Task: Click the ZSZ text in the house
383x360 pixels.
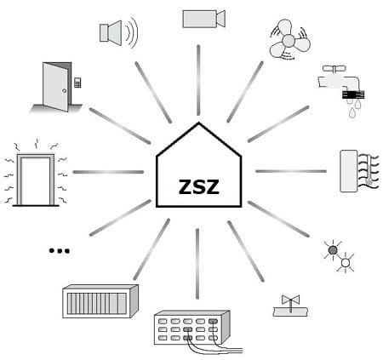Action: [x=199, y=186]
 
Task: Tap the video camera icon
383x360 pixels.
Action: [x=203, y=19]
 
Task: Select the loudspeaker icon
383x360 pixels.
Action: [x=119, y=32]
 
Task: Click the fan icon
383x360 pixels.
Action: [x=289, y=40]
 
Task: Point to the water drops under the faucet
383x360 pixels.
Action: [x=354, y=108]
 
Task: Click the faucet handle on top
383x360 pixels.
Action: [x=334, y=69]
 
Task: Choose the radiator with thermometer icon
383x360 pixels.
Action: [x=359, y=171]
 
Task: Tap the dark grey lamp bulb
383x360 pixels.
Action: [x=333, y=250]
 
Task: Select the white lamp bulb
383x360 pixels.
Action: [x=346, y=263]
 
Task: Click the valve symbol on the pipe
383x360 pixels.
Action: [x=290, y=300]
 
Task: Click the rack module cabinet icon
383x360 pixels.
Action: [x=100, y=301]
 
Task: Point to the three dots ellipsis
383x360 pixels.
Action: [x=60, y=251]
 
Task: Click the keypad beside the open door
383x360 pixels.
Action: [x=77, y=83]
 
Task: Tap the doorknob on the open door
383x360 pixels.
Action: [x=65, y=91]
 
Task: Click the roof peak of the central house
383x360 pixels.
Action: [x=198, y=123]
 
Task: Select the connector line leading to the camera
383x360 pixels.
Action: [x=198, y=80]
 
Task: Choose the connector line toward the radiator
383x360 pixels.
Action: [x=291, y=171]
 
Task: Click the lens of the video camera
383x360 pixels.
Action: [x=221, y=19]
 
